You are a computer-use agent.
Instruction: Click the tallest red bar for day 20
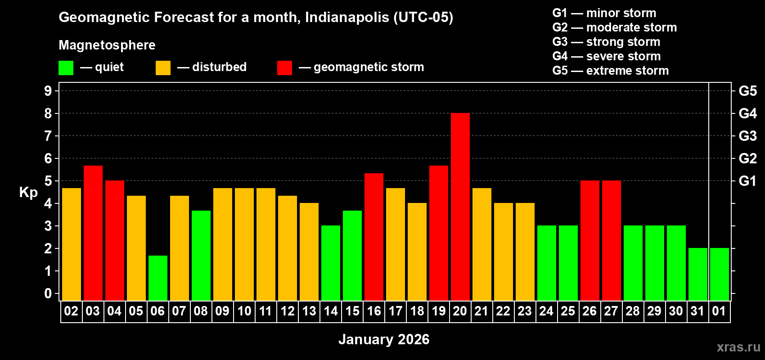(460, 207)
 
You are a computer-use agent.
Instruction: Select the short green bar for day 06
(157, 278)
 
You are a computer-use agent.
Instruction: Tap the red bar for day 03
(93, 233)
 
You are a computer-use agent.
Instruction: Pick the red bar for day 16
(373, 237)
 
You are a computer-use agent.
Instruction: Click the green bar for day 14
(330, 263)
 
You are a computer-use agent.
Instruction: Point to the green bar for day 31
(697, 274)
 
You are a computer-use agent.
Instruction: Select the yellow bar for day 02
(71, 244)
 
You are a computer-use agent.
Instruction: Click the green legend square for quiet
(66, 68)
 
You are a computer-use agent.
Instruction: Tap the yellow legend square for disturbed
(163, 68)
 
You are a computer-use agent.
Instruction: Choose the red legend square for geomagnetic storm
(284, 68)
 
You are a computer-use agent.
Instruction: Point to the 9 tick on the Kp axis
(48, 91)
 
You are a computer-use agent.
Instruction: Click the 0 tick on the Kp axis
(48, 294)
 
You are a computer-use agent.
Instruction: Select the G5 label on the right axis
(747, 91)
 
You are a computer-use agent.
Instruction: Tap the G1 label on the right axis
(747, 181)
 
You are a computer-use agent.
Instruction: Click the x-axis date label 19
(438, 311)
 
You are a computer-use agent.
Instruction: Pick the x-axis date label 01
(719, 311)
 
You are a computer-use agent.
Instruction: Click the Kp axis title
(28, 192)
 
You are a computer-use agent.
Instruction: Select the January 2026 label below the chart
(384, 339)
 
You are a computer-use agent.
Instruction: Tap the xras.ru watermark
(738, 347)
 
